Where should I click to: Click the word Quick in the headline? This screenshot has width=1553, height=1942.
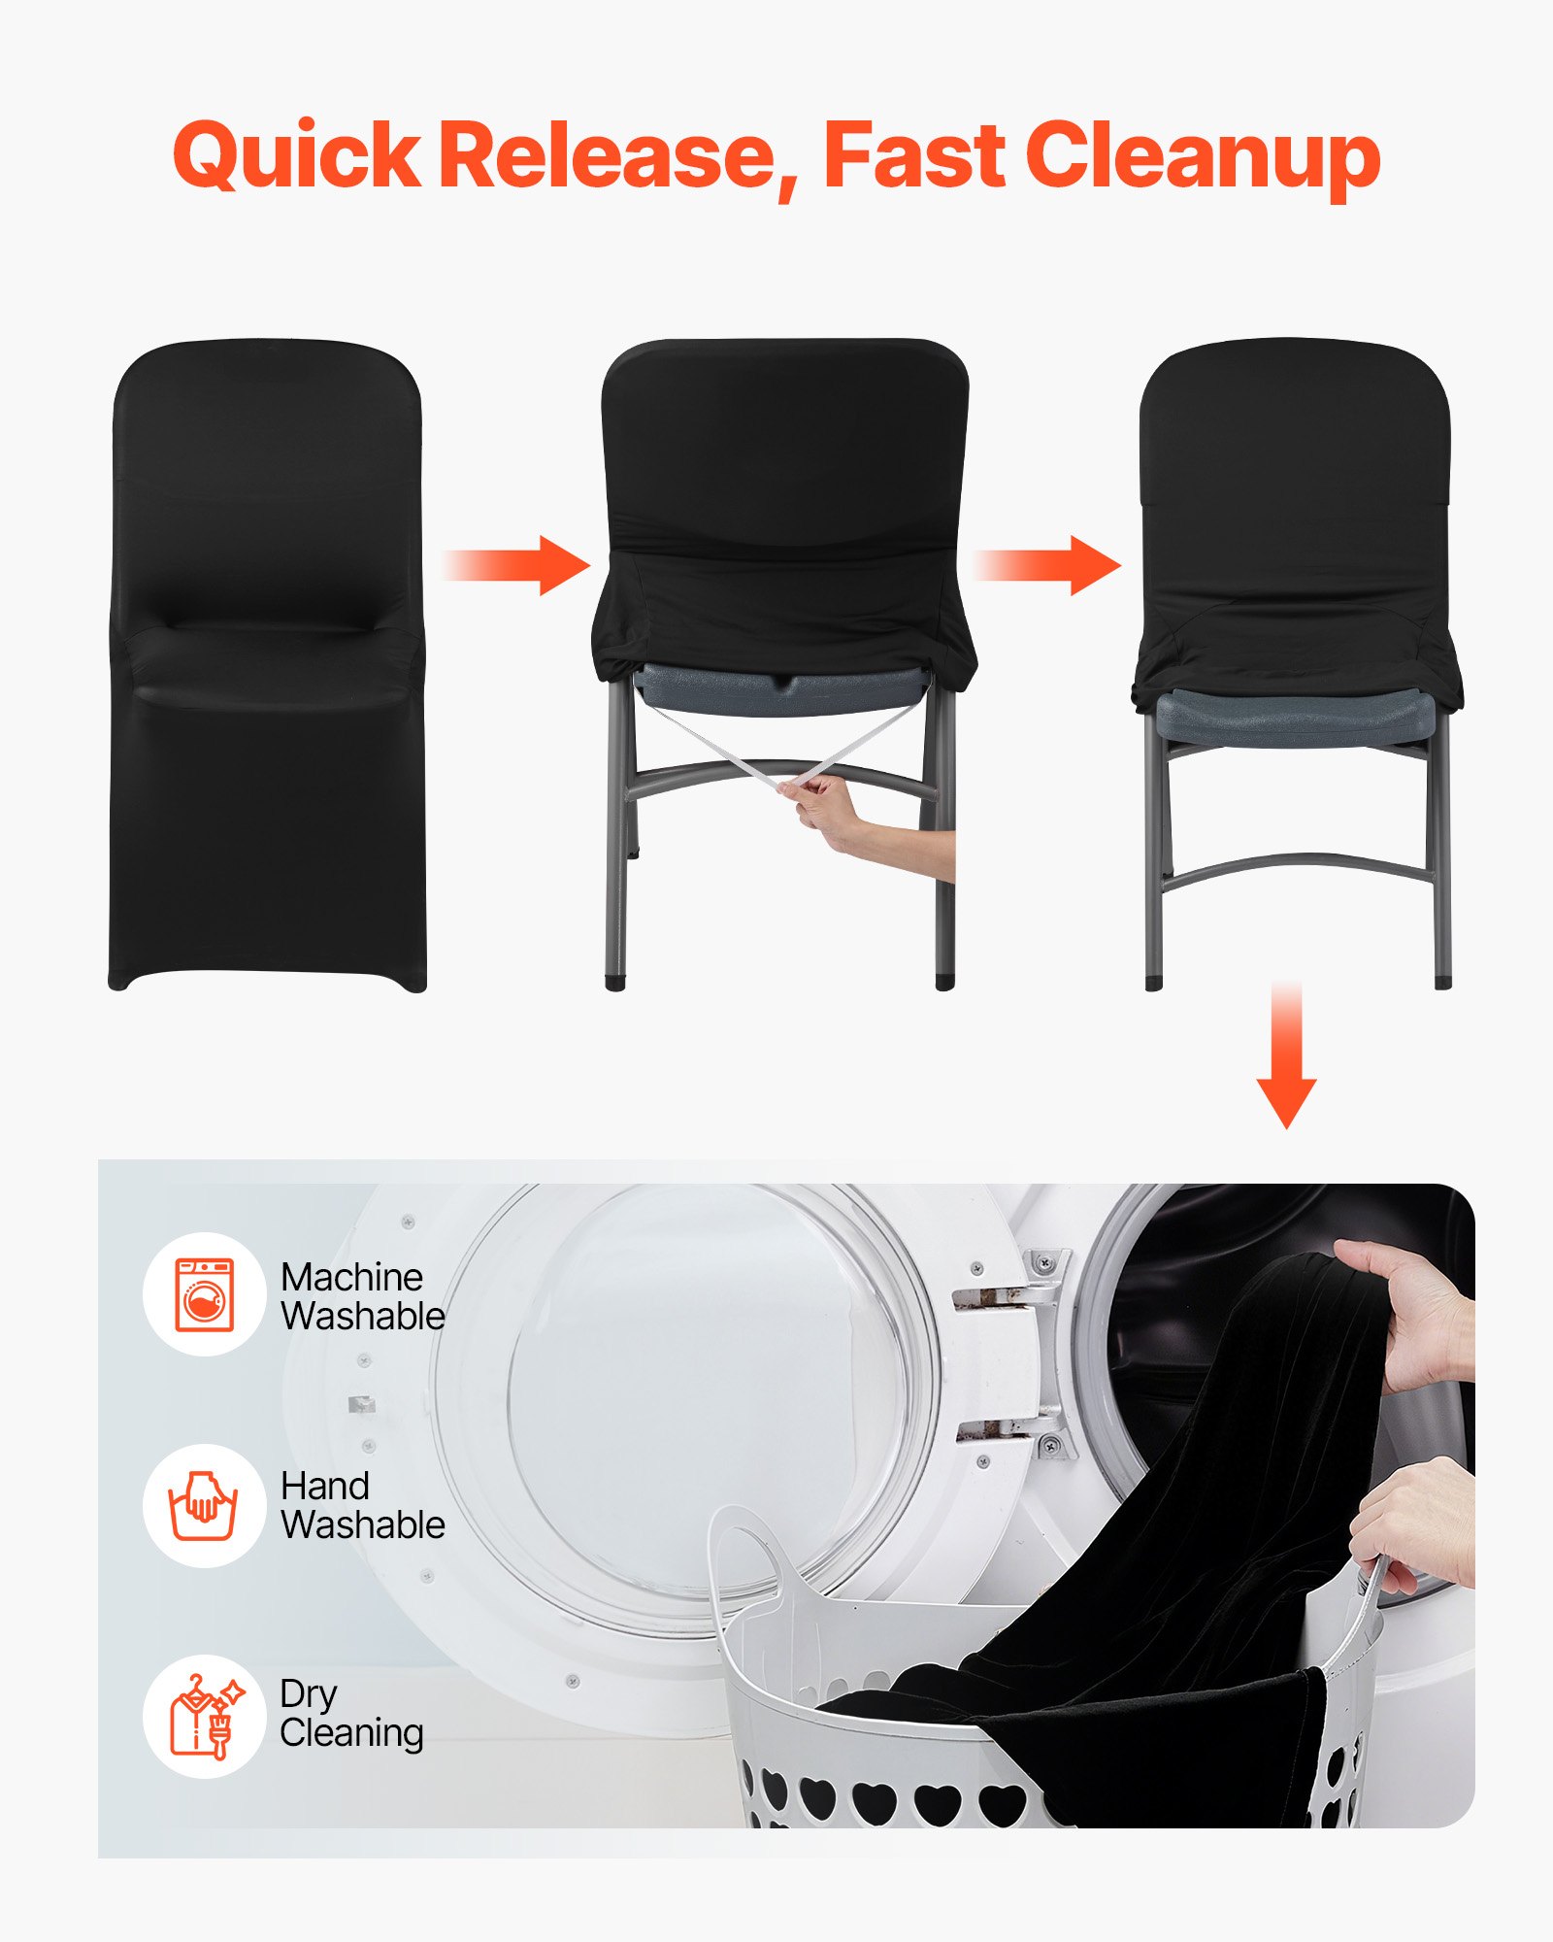(296, 155)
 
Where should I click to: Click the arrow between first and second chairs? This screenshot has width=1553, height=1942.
(519, 565)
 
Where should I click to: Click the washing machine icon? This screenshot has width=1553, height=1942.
(205, 1294)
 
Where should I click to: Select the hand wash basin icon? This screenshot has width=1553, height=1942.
(204, 1506)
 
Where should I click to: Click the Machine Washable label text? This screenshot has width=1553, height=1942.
(362, 1296)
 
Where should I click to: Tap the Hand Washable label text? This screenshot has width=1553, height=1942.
(362, 1506)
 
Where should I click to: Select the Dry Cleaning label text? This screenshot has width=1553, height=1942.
(350, 1714)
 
